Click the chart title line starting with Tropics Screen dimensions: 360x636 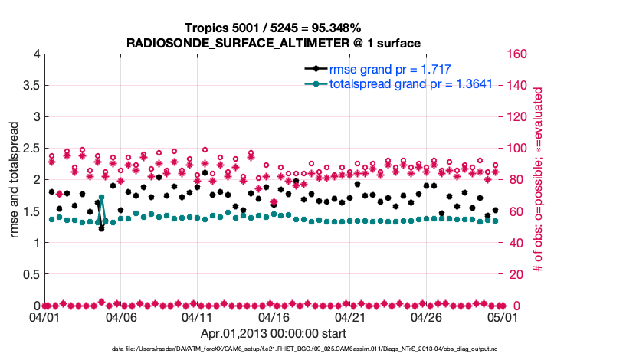(x=274, y=28)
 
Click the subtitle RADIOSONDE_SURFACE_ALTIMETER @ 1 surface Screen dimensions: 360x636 (x=274, y=43)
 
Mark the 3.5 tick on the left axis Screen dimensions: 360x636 (x=31, y=85)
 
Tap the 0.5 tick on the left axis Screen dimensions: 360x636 (x=31, y=274)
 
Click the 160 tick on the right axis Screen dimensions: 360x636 (x=518, y=54)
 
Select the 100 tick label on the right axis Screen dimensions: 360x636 (x=518, y=148)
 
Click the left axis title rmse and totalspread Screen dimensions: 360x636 (x=15, y=180)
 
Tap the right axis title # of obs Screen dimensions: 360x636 (x=539, y=180)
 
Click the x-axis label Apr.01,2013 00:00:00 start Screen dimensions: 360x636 (x=274, y=334)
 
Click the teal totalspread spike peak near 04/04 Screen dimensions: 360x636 (x=101, y=198)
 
